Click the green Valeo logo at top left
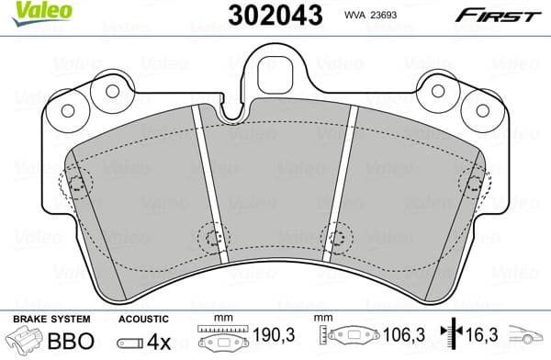click(x=30, y=11)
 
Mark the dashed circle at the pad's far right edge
click(x=474, y=183)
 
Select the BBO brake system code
click(x=74, y=340)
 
